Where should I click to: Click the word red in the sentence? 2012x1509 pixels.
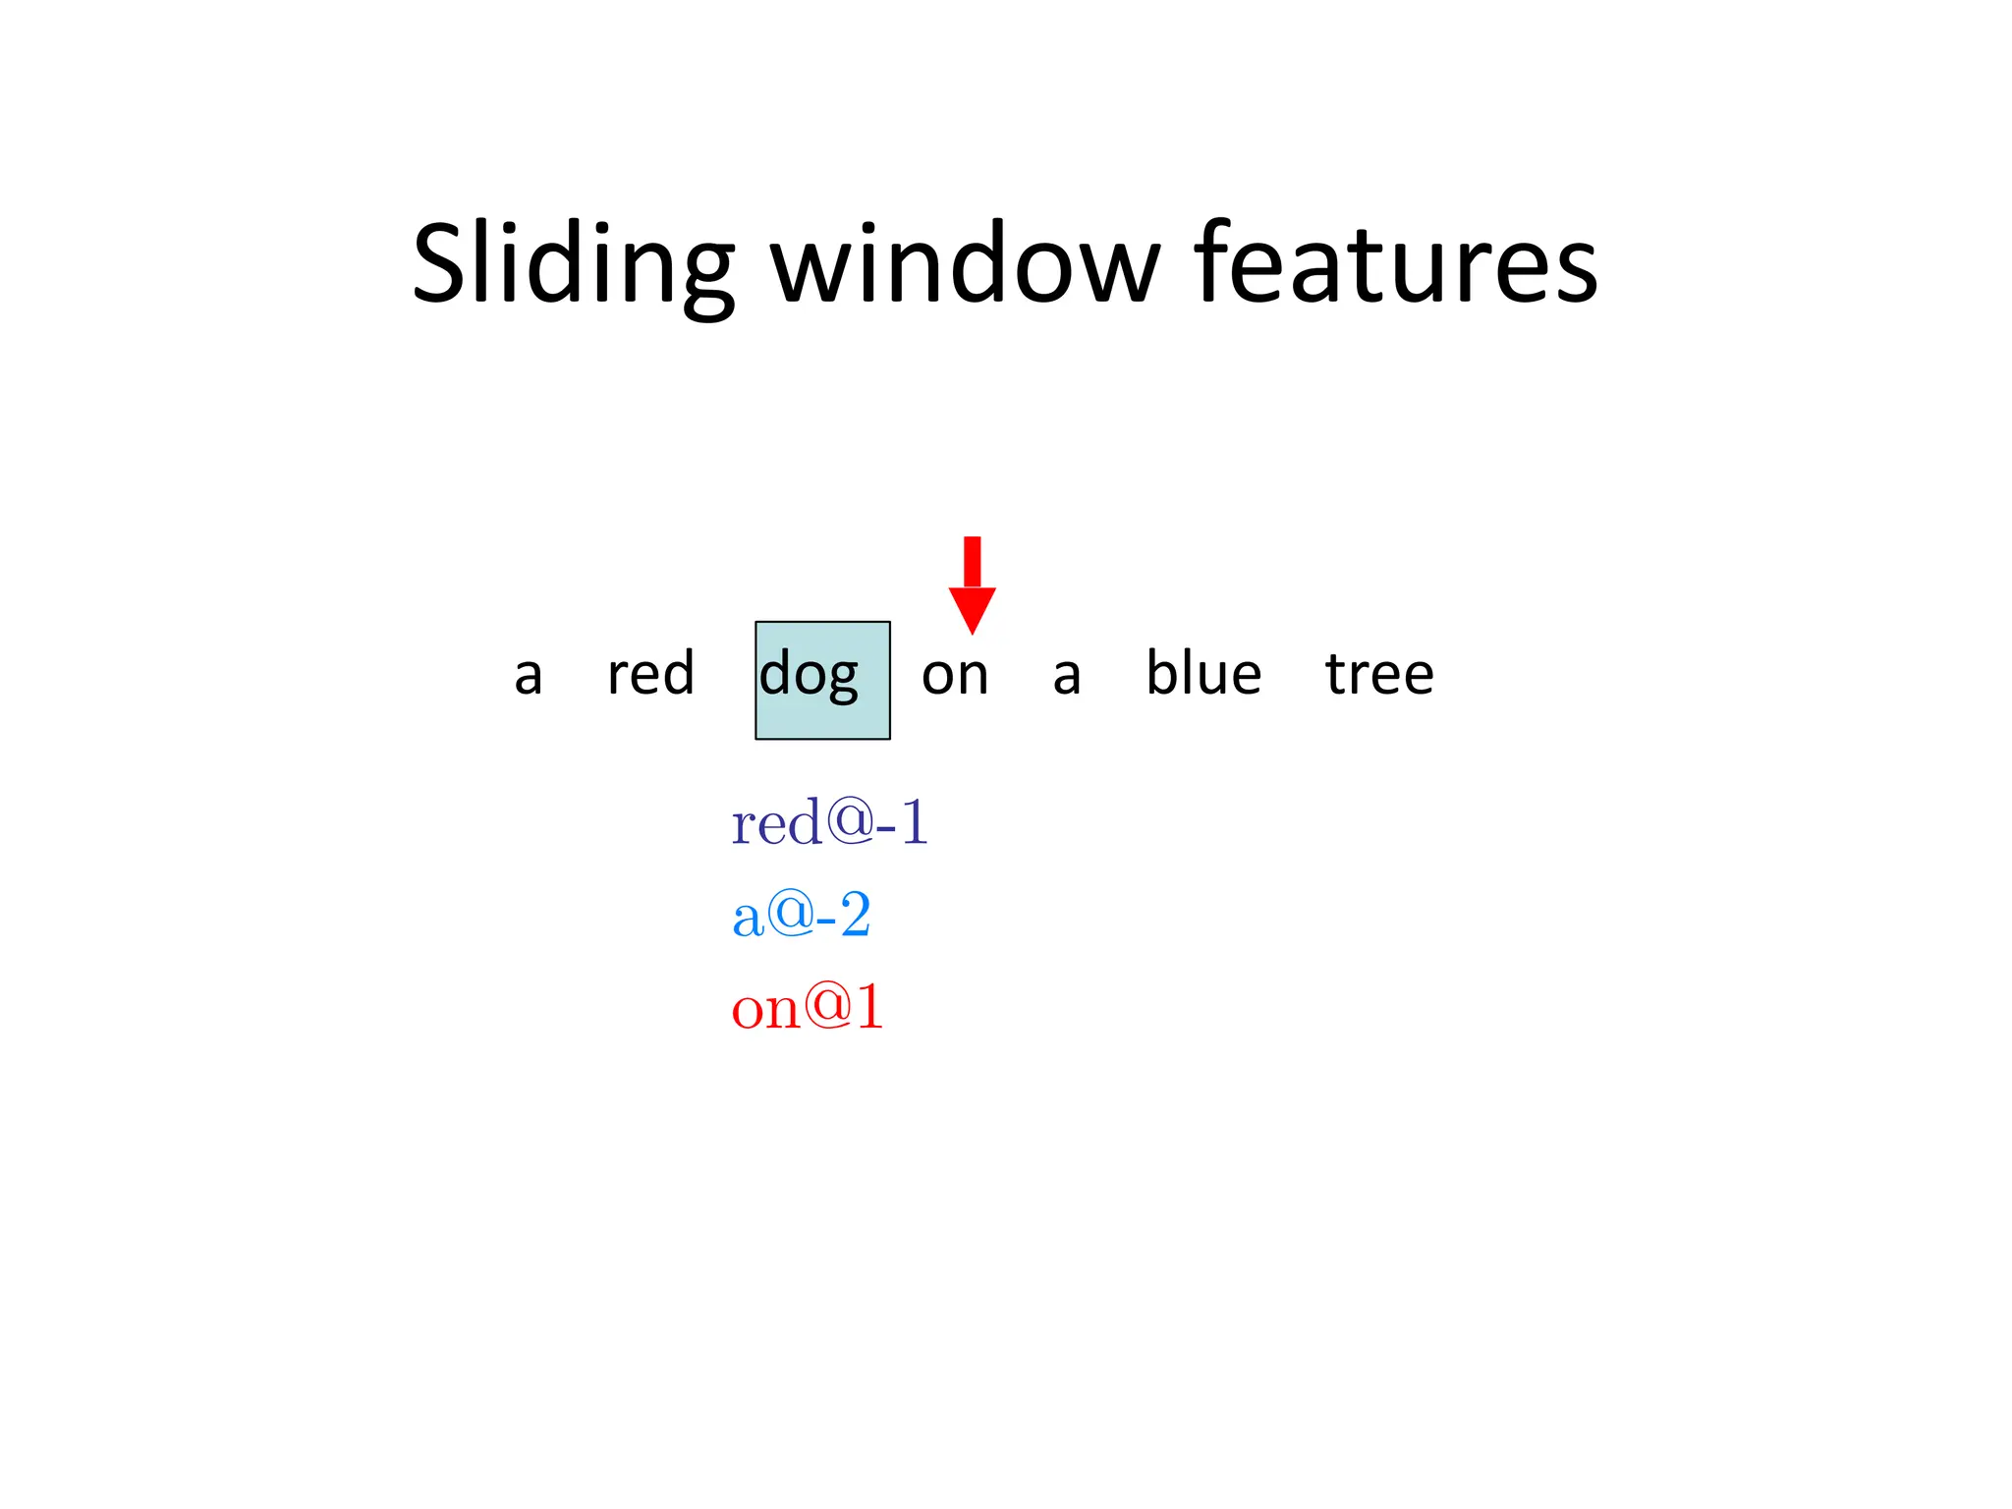click(x=650, y=674)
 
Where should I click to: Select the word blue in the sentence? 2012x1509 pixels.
click(x=1203, y=674)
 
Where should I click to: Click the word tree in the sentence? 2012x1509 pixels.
click(x=1379, y=675)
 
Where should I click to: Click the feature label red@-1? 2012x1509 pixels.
click(x=829, y=823)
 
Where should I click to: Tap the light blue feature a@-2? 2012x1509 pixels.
click(x=801, y=916)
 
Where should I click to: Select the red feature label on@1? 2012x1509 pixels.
click(x=808, y=1008)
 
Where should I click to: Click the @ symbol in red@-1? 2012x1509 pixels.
click(x=850, y=819)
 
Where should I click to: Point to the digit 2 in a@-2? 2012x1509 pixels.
click(x=855, y=915)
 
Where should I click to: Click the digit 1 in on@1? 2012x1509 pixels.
click(x=870, y=1007)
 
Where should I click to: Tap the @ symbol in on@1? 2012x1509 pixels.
click(x=829, y=1005)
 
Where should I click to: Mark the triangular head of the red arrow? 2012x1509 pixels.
click(x=972, y=607)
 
